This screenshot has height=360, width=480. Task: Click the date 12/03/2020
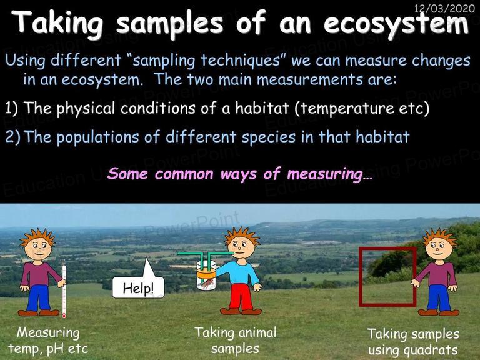point(444,8)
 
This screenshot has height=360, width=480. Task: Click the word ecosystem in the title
point(396,24)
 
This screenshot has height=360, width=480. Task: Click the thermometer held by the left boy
point(64,291)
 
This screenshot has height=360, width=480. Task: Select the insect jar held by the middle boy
point(206,275)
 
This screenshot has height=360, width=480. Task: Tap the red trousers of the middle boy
point(241,297)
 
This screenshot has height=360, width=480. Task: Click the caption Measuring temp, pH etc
point(48,341)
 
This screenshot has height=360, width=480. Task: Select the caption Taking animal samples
point(236,341)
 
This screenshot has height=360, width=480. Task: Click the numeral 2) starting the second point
point(12,137)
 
